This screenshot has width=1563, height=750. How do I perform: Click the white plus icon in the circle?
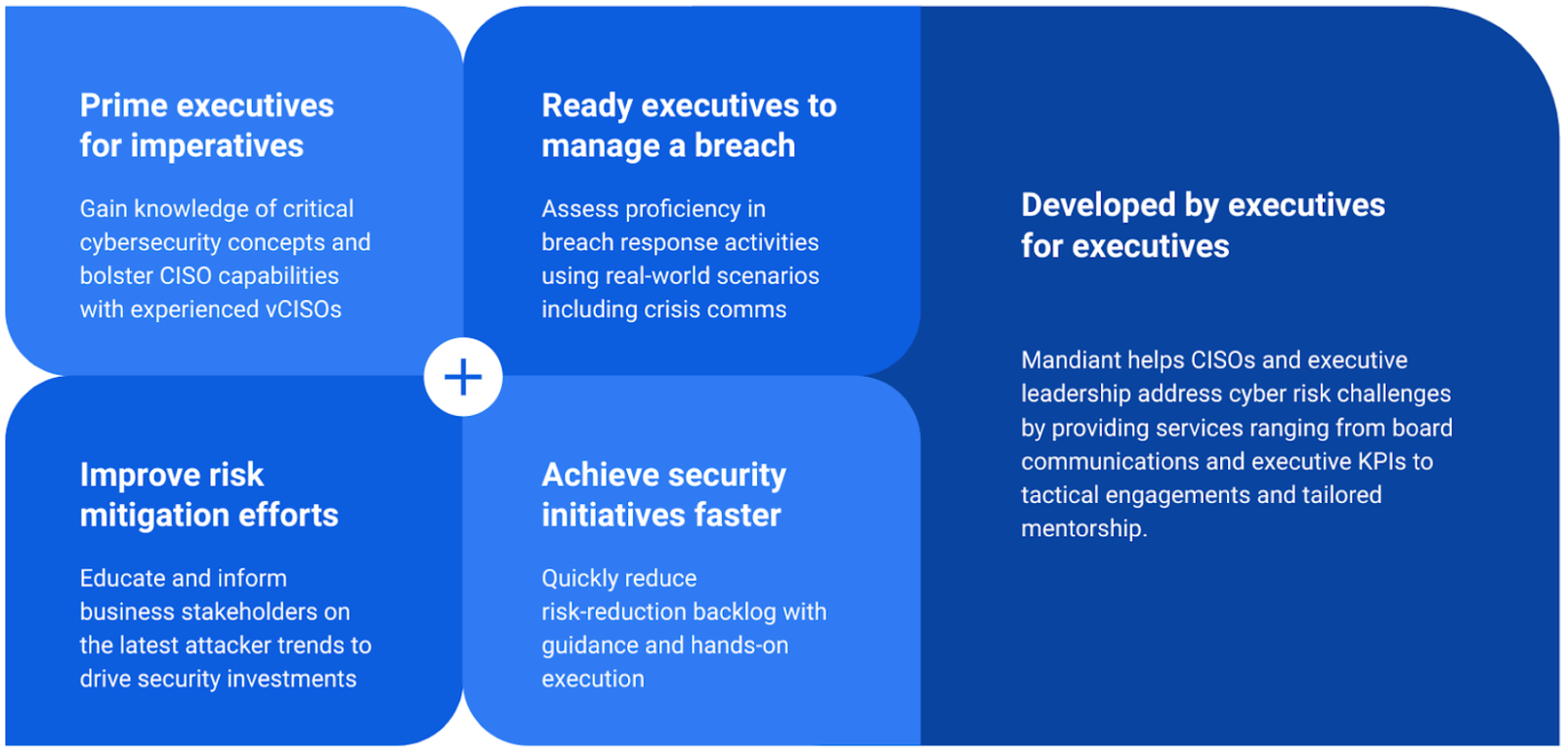tap(463, 377)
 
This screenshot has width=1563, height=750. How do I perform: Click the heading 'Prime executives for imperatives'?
tap(206, 125)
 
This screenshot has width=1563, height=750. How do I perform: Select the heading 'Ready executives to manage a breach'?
tap(689, 125)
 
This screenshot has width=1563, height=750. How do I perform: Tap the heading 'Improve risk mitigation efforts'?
tap(208, 494)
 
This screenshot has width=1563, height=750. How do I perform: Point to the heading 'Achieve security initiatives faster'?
tap(663, 494)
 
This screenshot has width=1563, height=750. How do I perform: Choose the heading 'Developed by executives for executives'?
tap(1203, 226)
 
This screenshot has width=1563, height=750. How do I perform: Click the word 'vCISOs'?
tap(303, 310)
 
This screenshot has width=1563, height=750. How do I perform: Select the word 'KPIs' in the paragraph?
tap(1381, 461)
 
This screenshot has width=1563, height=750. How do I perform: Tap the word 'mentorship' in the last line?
tap(1081, 528)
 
